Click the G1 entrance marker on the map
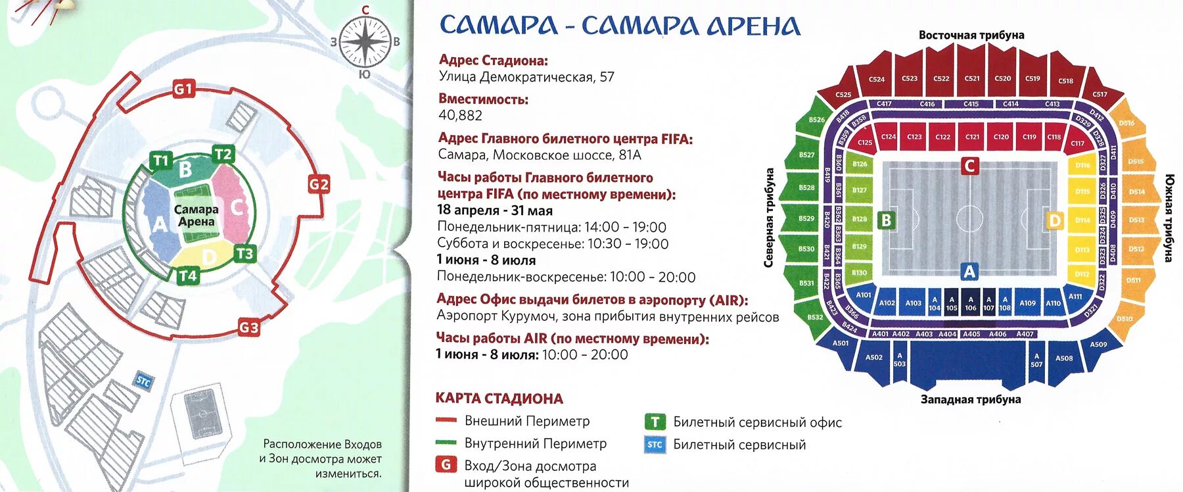pos(183,89)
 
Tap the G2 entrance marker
pos(319,184)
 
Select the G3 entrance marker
pos(248,327)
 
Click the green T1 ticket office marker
pos(160,160)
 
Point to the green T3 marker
pos(244,253)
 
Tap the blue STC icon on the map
pos(143,381)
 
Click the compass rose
pos(366,41)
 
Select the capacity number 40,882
pos(460,116)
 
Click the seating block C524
pos(876,79)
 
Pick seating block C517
pos(1100,94)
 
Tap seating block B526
pos(816,120)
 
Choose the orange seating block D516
pos(1126,123)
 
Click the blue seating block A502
pos(873,357)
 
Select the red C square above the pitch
pos(969,166)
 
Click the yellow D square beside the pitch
pos(1054,220)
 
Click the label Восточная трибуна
pos(971,35)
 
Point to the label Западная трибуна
pos(970,399)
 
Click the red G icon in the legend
pos(446,465)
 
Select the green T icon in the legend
pos(655,422)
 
